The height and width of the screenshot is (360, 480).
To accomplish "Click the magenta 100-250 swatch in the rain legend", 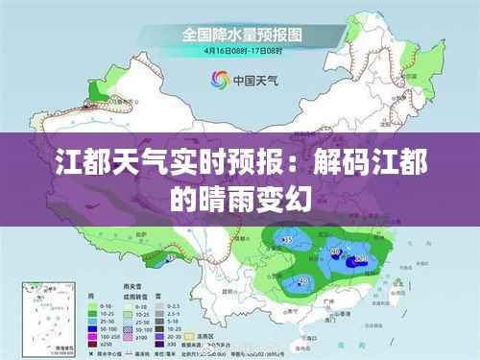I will (93, 337).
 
